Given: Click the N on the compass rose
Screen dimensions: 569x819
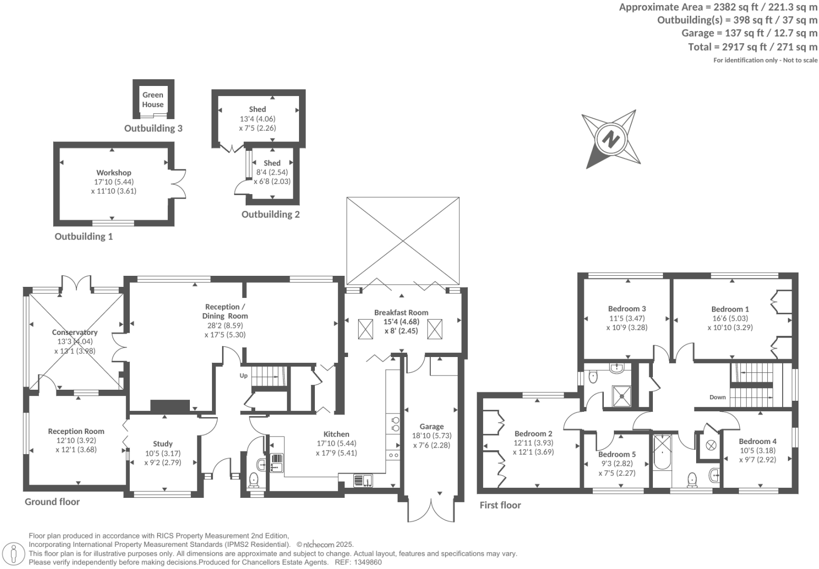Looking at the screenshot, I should coord(611,140).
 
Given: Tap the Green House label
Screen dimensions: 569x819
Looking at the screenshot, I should coord(152,100).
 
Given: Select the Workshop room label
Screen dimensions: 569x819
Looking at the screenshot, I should coord(113,172).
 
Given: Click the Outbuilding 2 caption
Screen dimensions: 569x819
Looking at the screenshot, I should coord(271,215).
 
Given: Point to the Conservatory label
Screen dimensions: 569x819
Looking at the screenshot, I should coord(74,332).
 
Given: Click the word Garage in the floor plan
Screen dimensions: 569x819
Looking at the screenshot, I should coord(431,427).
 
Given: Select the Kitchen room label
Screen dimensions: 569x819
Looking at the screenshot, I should coord(336,434).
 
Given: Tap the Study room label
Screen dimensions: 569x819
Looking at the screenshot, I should coord(162,444).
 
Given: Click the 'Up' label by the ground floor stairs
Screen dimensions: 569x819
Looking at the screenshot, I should coord(244,376).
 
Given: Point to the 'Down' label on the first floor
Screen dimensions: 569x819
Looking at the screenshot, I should coord(717,398).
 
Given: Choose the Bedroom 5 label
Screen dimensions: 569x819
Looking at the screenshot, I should coord(616,454).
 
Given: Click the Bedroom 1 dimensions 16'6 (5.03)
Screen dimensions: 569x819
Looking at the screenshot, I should coord(730,319).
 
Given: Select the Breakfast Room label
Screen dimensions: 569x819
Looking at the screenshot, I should coord(401,312).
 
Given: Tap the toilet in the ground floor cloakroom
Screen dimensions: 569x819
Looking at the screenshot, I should coord(254,479).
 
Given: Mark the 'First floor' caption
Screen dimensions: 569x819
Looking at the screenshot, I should coord(500,505).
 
